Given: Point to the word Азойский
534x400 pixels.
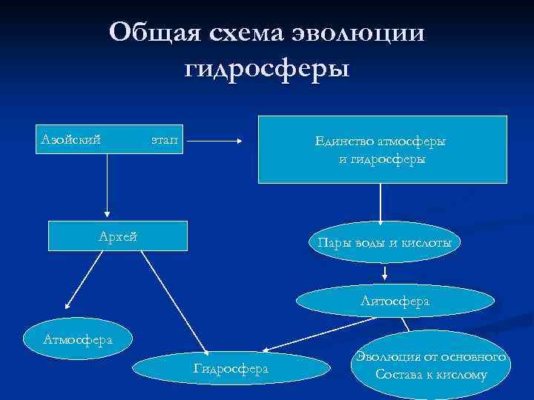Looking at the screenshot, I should click(70, 138).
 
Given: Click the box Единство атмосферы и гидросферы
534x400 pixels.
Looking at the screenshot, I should click(382, 149).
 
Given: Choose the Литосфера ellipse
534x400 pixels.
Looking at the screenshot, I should click(395, 301).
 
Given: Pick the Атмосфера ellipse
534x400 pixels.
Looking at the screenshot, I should click(77, 340).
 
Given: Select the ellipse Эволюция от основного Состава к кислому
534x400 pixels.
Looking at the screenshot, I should click(431, 366).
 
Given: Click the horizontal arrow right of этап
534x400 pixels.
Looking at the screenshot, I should click(220, 139).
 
